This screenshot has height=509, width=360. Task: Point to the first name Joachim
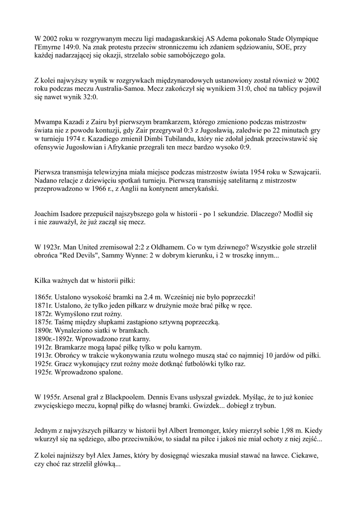coord(49,214)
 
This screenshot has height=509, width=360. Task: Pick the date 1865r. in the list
coord(43,297)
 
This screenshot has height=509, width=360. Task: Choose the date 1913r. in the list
coord(43,356)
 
